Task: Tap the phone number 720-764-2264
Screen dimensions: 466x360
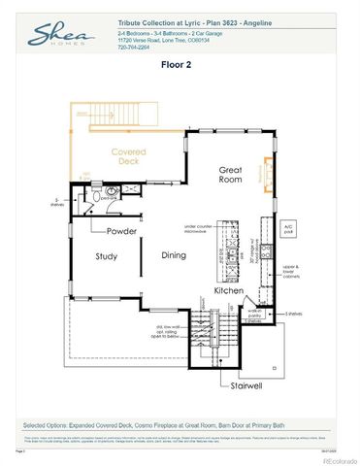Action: [137, 47]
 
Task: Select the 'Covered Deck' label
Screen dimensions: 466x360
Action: [129, 158]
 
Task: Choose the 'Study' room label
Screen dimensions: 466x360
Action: [107, 256]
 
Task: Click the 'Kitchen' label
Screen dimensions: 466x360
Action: [229, 290]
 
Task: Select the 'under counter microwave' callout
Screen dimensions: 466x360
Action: [198, 229]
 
